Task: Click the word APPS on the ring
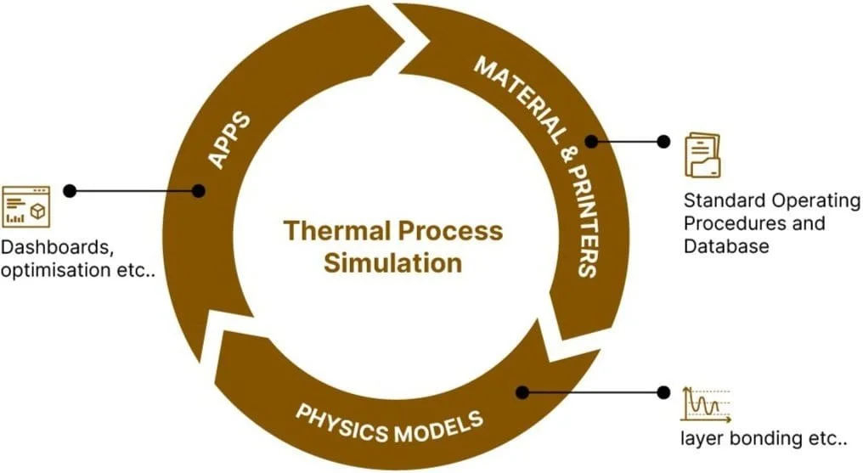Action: pyautogui.click(x=229, y=138)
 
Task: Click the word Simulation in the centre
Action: pyautogui.click(x=392, y=262)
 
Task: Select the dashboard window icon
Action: pyautogui.click(x=25, y=206)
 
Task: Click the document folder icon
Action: pyautogui.click(x=702, y=155)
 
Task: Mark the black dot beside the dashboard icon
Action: pyautogui.click(x=70, y=191)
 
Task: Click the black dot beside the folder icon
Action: pyautogui.click(x=663, y=140)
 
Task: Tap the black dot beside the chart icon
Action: pyautogui.click(x=663, y=392)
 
